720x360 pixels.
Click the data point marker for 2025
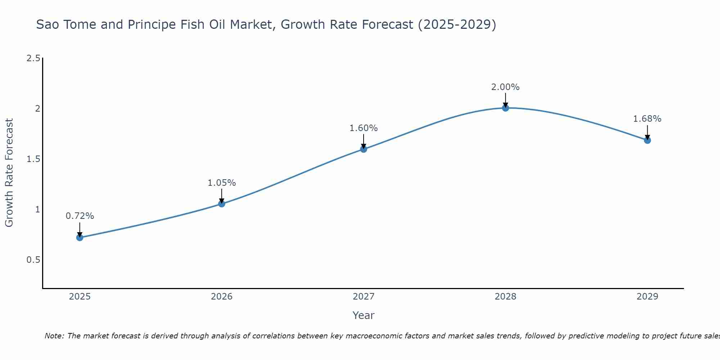(80, 238)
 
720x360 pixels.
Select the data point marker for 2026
(222, 204)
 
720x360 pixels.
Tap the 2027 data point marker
(364, 149)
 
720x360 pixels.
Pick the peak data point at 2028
(505, 108)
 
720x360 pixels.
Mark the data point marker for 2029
(647, 140)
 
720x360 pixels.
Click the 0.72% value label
(80, 216)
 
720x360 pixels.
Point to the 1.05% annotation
(222, 183)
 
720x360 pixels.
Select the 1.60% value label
(364, 128)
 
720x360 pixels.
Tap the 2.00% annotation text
(505, 87)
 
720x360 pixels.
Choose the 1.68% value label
(647, 119)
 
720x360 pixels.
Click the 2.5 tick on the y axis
(33, 58)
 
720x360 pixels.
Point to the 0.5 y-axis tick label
(33, 260)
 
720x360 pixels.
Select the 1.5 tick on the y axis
(33, 159)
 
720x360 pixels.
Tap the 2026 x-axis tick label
(222, 297)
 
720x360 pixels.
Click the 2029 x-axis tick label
(647, 297)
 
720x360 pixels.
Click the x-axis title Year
(364, 315)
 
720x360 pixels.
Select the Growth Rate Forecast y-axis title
(9, 173)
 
